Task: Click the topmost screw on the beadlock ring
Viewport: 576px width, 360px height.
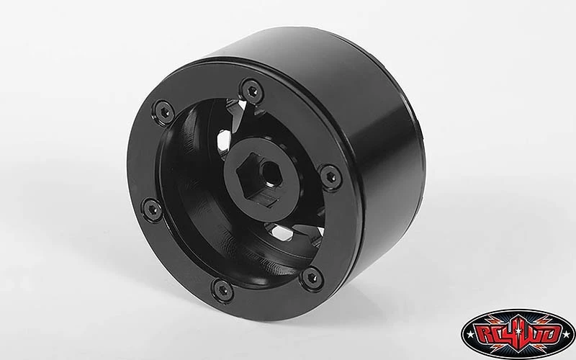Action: coord(251,88)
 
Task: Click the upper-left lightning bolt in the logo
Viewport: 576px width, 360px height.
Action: coord(493,319)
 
